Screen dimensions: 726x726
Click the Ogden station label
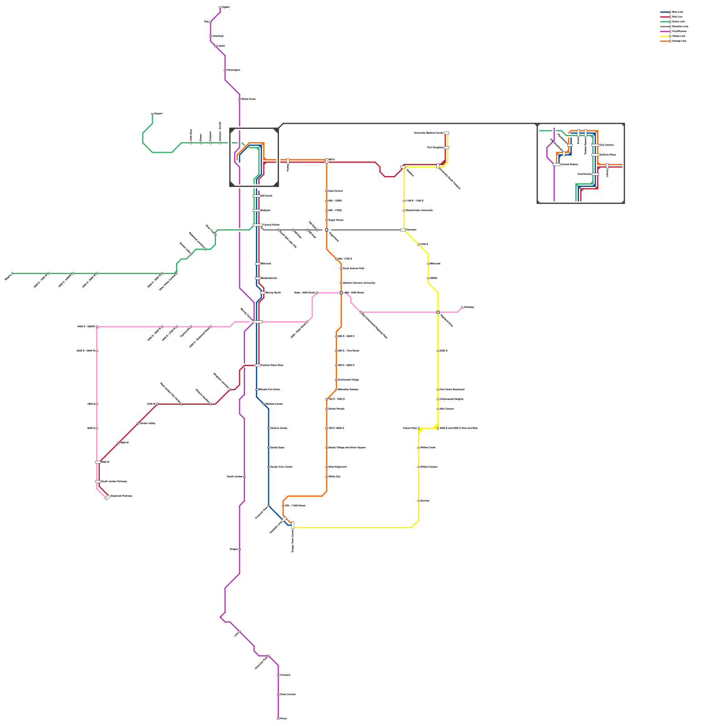[x=226, y=7]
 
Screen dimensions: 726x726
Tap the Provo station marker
[x=278, y=719]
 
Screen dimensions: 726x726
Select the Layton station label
[x=221, y=46]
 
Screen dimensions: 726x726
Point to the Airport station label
[x=158, y=113]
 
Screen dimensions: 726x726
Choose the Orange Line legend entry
[x=679, y=41]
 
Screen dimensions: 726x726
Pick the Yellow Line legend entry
[x=678, y=36]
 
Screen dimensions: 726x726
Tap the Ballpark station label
[x=265, y=211]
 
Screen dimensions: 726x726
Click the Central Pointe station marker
[x=257, y=225]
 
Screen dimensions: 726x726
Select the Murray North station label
[x=273, y=293]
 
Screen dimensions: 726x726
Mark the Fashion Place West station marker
[x=258, y=365]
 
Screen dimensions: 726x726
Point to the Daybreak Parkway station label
[x=121, y=496]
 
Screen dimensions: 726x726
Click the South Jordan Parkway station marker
[x=98, y=481]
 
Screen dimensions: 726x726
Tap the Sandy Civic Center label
[x=281, y=467]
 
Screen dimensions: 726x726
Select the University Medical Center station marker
[x=446, y=133]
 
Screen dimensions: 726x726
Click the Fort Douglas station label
[x=435, y=147]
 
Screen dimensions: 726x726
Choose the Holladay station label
[x=469, y=307]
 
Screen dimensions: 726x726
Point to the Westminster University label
[x=419, y=211]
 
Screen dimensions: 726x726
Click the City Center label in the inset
[x=606, y=145]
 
